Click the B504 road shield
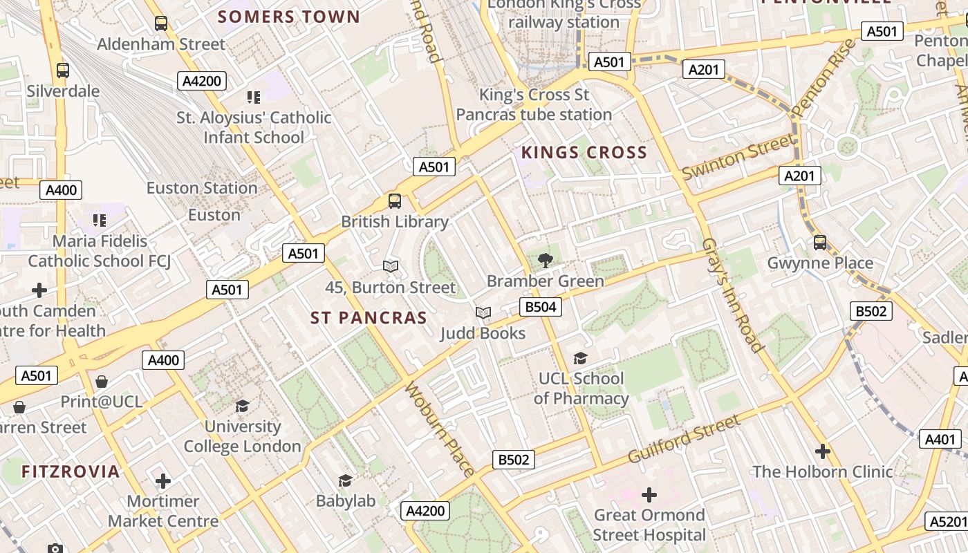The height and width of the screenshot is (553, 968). coord(540,307)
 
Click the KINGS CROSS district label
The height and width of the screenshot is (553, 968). coord(584,153)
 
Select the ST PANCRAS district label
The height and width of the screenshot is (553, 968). coord(369,318)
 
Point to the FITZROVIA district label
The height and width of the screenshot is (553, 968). coord(71,472)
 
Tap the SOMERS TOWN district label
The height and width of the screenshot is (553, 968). coord(289,17)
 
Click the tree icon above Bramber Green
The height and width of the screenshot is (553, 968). coord(546,261)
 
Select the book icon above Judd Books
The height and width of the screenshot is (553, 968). coord(483,313)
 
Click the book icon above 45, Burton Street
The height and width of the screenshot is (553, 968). coord(391,266)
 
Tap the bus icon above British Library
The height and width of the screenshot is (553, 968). coord(395,201)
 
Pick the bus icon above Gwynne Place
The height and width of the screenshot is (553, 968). coord(820,243)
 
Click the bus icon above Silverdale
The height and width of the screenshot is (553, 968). coord(63,70)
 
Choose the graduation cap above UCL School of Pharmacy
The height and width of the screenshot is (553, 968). coord(580,358)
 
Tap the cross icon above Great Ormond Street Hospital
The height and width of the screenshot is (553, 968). coord(649,495)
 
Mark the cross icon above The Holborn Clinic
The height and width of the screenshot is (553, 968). coord(822,451)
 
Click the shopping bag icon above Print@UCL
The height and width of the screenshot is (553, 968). coord(102,382)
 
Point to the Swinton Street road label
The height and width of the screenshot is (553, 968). coord(738,158)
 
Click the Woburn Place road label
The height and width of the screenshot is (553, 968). coord(440,429)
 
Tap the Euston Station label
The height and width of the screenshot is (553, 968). coord(202,188)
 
